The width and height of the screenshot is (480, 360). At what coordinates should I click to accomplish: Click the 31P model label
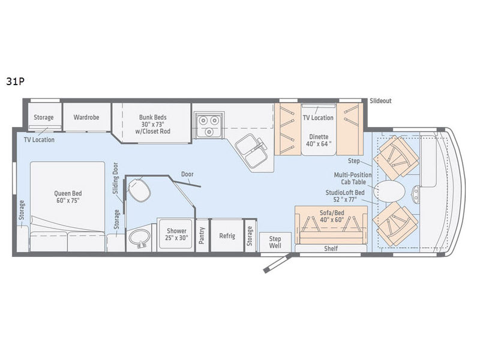click(15, 81)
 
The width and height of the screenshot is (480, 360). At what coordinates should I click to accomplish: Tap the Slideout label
click(380, 101)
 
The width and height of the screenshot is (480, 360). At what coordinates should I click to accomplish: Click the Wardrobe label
click(86, 117)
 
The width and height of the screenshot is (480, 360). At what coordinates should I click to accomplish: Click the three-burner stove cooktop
click(209, 125)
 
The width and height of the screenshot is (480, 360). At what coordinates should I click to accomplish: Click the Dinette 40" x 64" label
click(319, 140)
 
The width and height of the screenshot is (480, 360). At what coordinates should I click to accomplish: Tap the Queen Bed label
click(68, 197)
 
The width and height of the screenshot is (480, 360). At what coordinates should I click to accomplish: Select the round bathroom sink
click(139, 237)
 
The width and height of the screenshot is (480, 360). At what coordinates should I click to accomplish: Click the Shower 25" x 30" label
click(176, 234)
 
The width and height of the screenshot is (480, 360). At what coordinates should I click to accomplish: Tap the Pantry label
click(202, 235)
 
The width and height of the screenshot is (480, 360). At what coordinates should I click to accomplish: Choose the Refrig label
click(227, 236)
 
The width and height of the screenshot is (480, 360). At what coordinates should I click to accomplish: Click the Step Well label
click(275, 242)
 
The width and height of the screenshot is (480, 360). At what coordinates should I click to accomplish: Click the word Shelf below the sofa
click(331, 248)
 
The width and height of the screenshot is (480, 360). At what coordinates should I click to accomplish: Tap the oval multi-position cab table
click(389, 191)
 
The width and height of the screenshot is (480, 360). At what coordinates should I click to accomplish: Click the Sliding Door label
click(115, 178)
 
